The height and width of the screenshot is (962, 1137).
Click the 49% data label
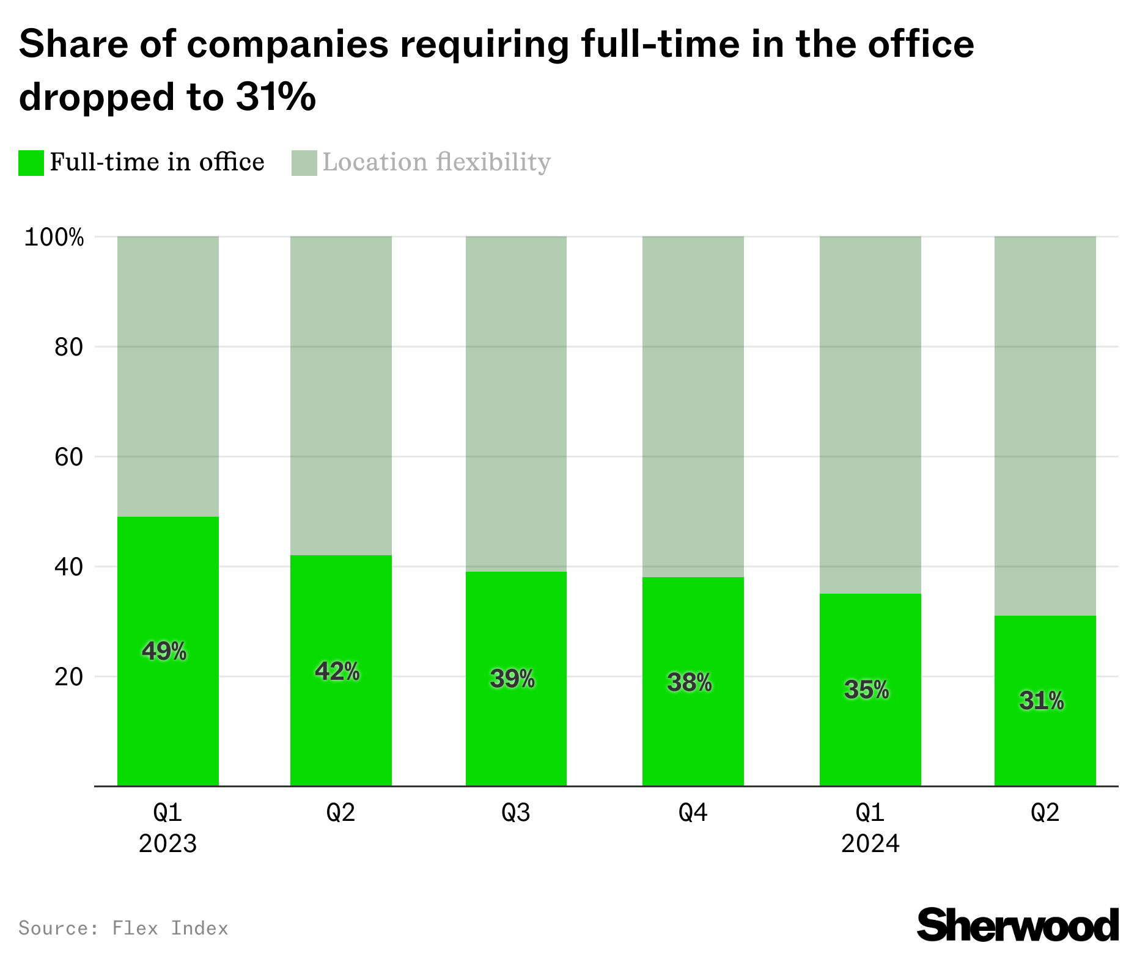coord(164,651)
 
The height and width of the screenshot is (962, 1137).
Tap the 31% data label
coord(1042,701)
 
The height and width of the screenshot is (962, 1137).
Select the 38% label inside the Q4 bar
coord(690,682)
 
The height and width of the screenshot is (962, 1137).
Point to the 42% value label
coord(337,671)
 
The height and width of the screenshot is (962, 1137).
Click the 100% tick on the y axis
coord(54,237)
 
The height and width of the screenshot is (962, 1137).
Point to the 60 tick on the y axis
coord(68,457)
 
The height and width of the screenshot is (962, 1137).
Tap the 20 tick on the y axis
coord(68,677)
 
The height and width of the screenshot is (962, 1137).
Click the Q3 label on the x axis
coord(516,812)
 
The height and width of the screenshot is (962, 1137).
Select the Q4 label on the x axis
coord(693,812)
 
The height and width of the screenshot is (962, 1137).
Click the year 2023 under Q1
coord(167,844)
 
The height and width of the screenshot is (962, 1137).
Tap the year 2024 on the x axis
coord(870,844)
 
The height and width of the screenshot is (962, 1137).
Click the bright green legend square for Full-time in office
coord(31,163)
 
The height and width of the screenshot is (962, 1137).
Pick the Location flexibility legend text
coord(436,162)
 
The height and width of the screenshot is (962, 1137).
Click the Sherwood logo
coord(1017,925)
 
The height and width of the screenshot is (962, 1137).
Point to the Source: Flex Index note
coord(123,928)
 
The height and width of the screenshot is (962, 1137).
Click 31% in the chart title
coord(276,97)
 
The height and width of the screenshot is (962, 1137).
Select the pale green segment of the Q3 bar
coord(516,403)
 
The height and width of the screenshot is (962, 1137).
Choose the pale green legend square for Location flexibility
coord(304,163)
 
